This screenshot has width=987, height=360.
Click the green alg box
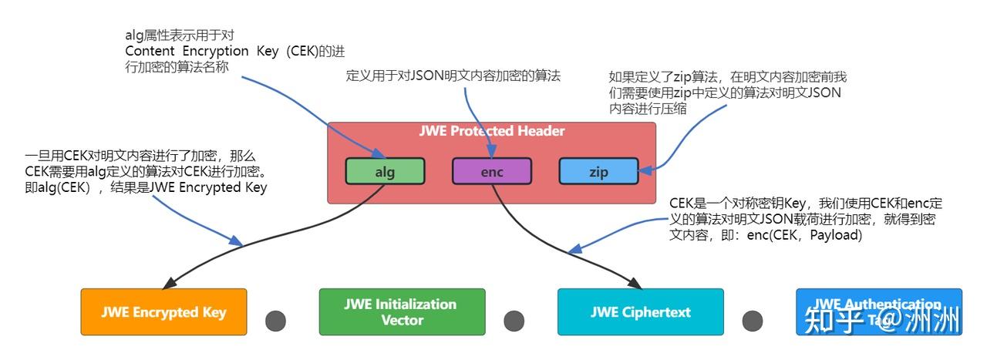pyautogui.click(x=385, y=171)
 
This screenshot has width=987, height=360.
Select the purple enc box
pyautogui.click(x=491, y=171)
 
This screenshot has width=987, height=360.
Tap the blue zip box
pyautogui.click(x=598, y=171)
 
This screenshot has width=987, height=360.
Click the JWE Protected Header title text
pyautogui.click(x=491, y=131)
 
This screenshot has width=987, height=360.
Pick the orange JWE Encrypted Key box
pyautogui.click(x=163, y=312)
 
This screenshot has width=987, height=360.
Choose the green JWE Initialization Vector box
pyautogui.click(x=402, y=312)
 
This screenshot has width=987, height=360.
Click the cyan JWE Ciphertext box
pyautogui.click(x=640, y=312)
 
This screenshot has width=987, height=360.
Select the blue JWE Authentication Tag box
pyautogui.click(x=878, y=311)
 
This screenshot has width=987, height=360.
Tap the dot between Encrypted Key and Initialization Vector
pyautogui.click(x=275, y=321)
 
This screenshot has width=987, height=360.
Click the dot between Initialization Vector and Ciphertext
pyautogui.click(x=514, y=321)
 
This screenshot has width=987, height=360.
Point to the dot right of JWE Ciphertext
pyautogui.click(x=753, y=321)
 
